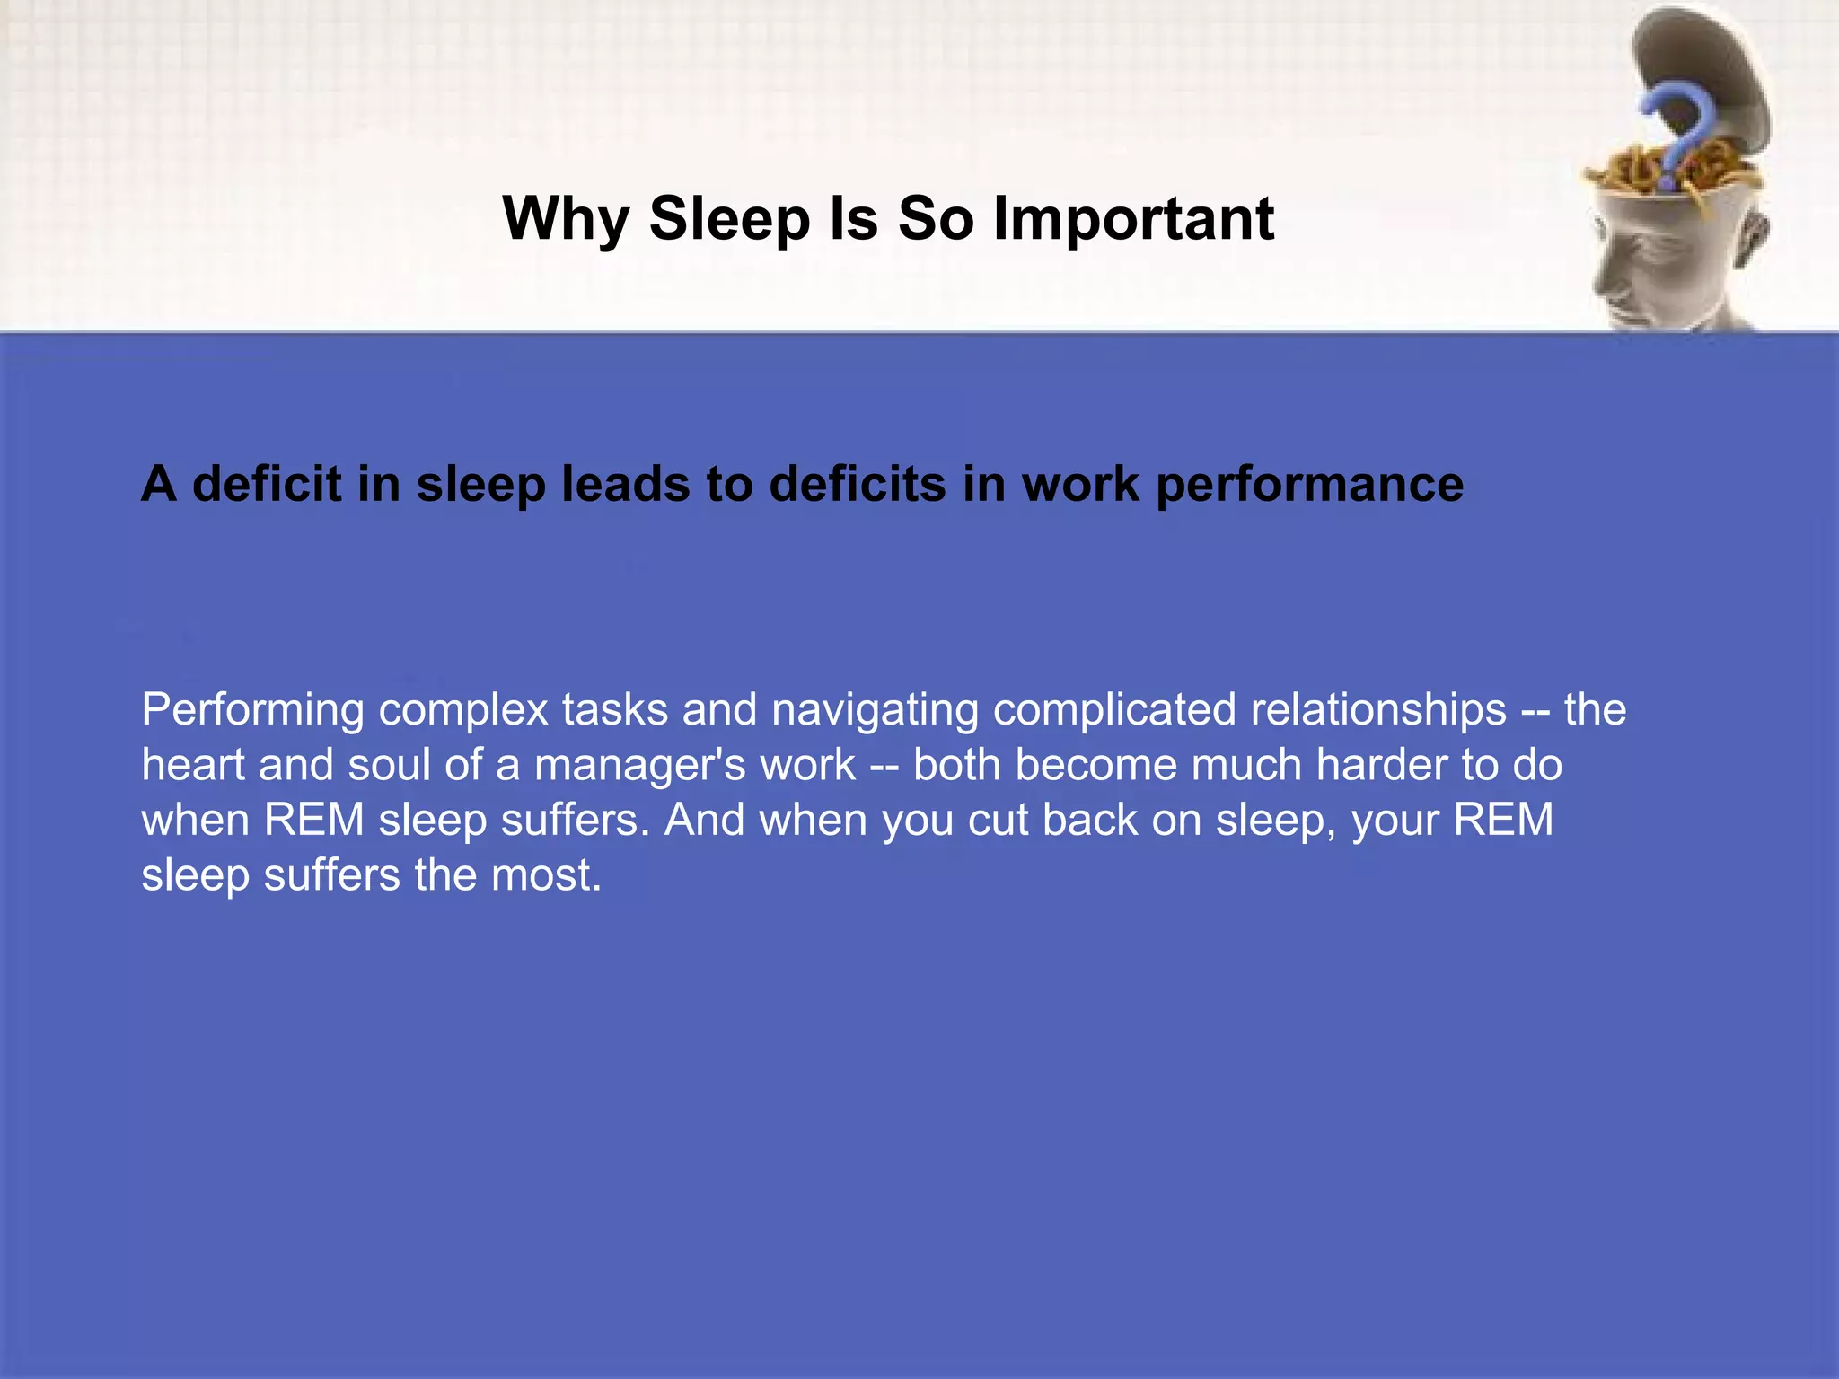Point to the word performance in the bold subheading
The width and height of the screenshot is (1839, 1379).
(1309, 485)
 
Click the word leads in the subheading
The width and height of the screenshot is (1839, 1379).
(626, 485)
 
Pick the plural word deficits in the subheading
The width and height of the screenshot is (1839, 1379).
(858, 485)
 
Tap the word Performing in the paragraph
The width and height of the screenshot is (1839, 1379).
(252, 709)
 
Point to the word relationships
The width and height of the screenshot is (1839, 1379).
(1378, 709)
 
